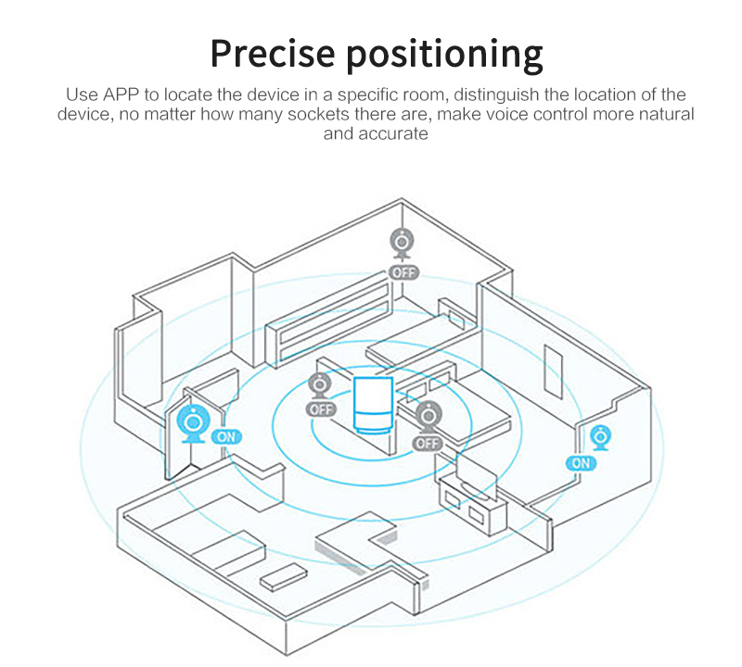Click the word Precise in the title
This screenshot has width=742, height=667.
pos(273,53)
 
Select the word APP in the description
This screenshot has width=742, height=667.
pos(122,95)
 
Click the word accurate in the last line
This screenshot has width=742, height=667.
pos(393,133)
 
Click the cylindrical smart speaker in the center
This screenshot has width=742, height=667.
pos(373,405)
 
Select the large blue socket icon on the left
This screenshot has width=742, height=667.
pos(193,423)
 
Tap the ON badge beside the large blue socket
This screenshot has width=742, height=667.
pos(226,436)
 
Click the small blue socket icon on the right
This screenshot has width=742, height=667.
pos(600,438)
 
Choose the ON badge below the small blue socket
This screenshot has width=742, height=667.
pos(582,463)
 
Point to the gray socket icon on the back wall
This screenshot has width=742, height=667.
pos(403,244)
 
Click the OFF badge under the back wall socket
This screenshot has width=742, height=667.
pos(403,272)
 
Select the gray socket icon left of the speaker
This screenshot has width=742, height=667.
pos(319,386)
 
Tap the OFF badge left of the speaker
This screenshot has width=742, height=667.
pos(321,409)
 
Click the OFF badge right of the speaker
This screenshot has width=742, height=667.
pos(428,443)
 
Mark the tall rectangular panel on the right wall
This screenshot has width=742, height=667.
pos(553,372)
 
